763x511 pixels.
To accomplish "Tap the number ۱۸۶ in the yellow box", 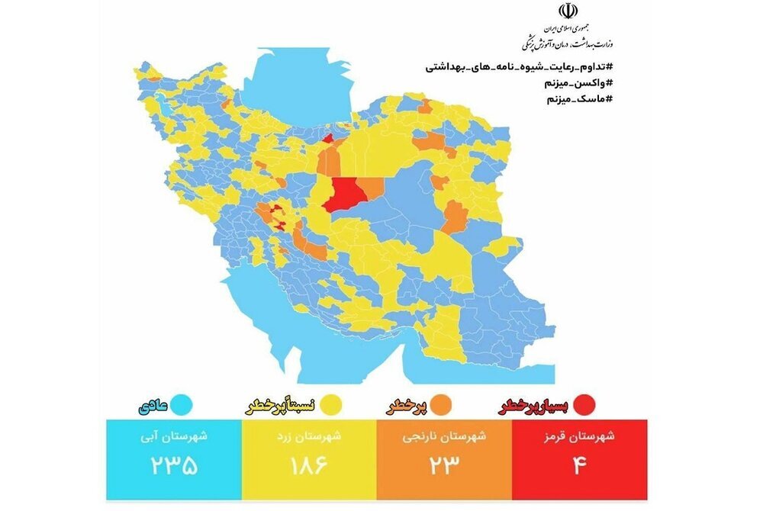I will point(309,464).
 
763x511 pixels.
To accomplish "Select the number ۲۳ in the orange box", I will point(444,464).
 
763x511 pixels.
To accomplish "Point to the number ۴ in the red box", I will point(580,464).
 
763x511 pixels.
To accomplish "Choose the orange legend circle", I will point(443,404).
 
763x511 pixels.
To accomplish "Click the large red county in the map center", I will point(343,194).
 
